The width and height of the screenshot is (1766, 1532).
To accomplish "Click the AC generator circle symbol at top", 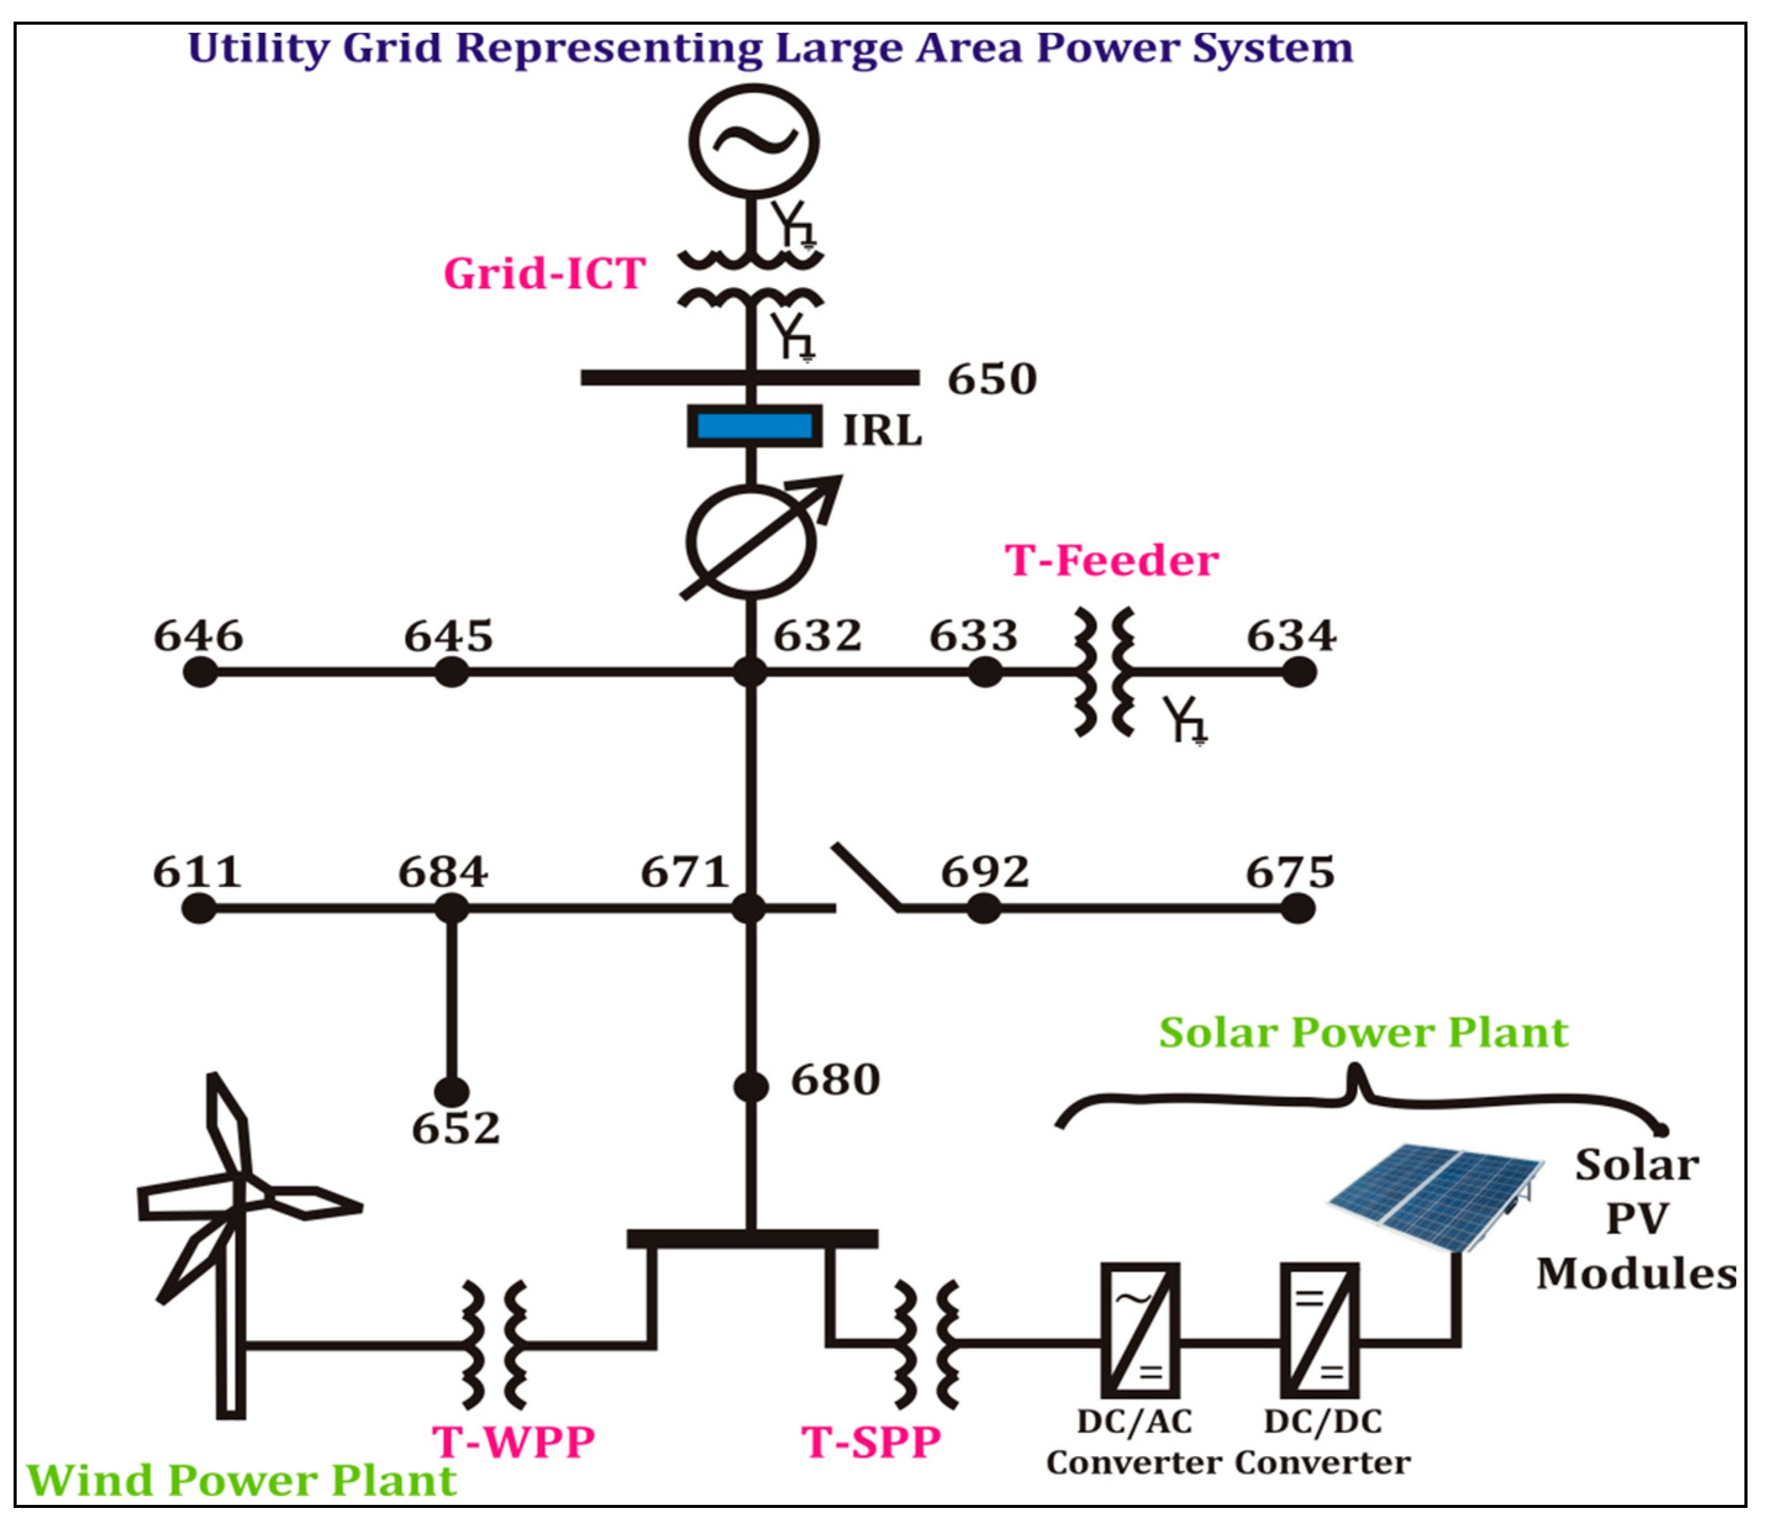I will click(x=753, y=142).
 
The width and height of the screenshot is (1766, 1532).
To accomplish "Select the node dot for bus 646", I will click(x=200, y=672).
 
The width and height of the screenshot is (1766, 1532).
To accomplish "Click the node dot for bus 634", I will click(x=1298, y=672).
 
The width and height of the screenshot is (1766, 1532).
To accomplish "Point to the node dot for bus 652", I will click(x=452, y=1092).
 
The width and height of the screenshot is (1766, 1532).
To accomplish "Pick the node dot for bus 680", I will click(x=751, y=1087).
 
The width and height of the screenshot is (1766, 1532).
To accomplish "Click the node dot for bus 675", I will click(x=1297, y=908).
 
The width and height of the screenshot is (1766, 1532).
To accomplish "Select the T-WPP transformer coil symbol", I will click(x=494, y=1345).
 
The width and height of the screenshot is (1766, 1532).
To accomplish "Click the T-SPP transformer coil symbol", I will click(x=926, y=1344).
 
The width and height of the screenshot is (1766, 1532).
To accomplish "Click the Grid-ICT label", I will click(x=544, y=274).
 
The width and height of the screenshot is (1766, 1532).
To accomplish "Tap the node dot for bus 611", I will click(x=199, y=908).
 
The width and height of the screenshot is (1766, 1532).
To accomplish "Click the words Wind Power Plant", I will click(x=241, y=1480).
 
